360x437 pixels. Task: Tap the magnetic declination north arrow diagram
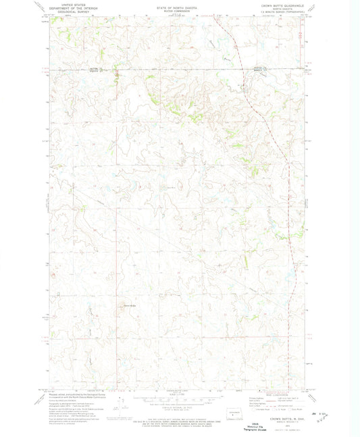120,404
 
